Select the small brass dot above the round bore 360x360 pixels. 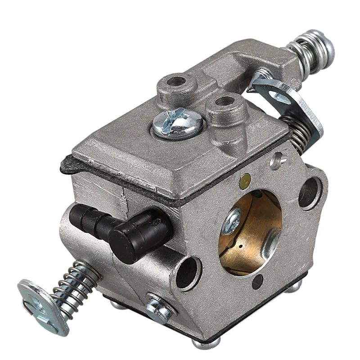click(245, 180)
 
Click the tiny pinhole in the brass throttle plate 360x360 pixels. click(243, 247)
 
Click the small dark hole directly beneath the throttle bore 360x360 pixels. click(257, 282)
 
